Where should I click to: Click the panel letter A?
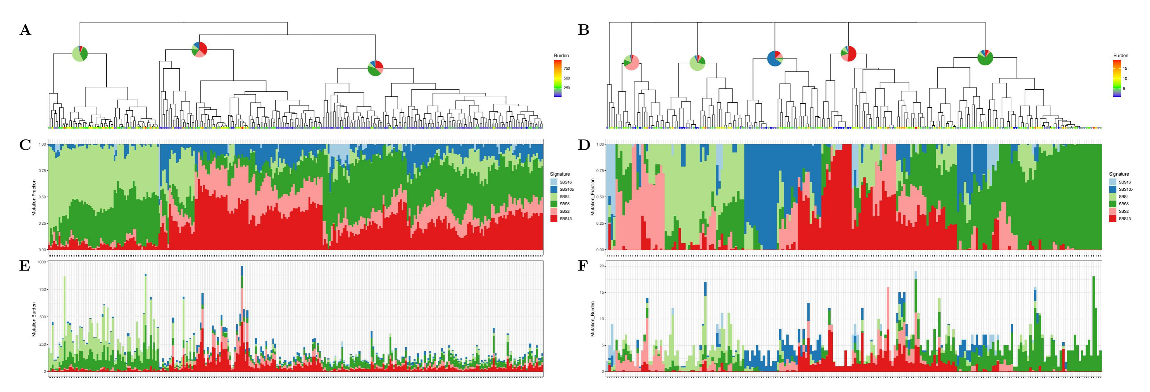tap(25, 30)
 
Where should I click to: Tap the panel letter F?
tap(584, 266)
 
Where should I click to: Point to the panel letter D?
tap(584, 145)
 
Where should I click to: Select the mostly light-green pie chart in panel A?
tap(80, 54)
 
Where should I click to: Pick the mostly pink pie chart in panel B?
tap(631, 62)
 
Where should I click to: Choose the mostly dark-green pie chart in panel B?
tap(985, 57)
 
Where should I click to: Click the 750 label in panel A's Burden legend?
tap(566, 69)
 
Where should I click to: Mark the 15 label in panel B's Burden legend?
tap(1125, 69)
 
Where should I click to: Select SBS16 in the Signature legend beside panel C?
tap(566, 182)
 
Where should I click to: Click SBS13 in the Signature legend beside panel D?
tap(1125, 219)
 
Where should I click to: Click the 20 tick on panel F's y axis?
tap(601, 266)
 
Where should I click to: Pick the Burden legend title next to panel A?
tap(561, 56)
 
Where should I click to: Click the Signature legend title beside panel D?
tap(1119, 174)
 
